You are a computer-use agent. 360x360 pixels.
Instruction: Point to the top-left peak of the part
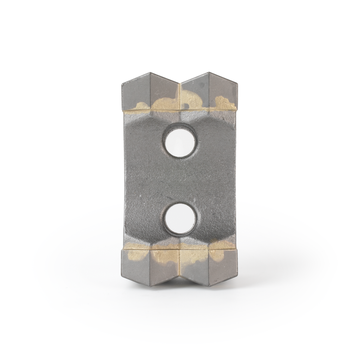point(150,73)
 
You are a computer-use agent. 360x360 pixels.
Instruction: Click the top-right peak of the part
point(209,73)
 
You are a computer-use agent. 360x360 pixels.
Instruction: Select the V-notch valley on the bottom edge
point(180,276)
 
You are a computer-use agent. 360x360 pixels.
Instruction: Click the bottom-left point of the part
point(150,286)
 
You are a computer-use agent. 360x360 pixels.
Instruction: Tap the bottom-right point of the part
point(209,286)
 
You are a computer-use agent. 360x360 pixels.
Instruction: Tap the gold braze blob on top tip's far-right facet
point(224,103)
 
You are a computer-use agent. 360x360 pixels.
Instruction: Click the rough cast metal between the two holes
point(180,180)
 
